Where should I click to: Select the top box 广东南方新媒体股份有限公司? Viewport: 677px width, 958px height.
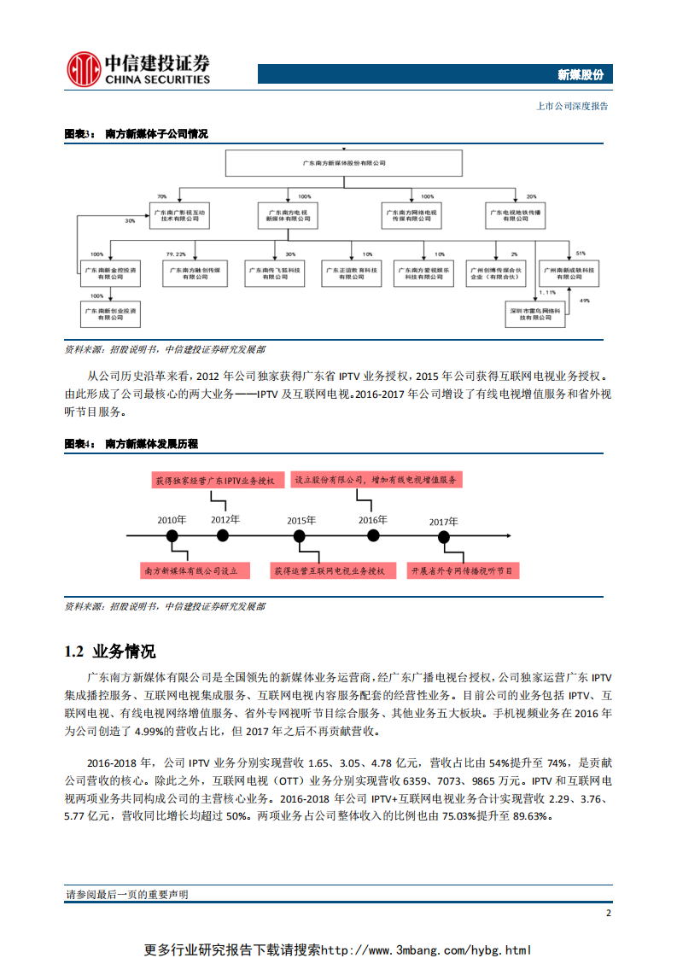[x=344, y=162]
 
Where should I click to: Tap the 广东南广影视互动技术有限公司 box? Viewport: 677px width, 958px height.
[x=178, y=214]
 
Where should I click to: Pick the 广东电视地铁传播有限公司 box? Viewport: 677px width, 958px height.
[x=515, y=214]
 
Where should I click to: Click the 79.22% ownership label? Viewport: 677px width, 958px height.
[x=176, y=254]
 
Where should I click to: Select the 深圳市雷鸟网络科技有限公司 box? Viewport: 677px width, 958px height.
[x=535, y=313]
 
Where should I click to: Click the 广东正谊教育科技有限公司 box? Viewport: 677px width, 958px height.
[x=351, y=273]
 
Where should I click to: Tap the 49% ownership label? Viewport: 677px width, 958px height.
[x=584, y=301]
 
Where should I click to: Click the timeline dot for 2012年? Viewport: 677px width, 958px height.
[x=223, y=535]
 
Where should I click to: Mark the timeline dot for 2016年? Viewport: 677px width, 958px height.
[x=373, y=535]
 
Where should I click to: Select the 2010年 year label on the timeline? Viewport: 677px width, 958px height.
[x=172, y=519]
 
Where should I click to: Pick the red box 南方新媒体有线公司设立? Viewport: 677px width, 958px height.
[x=196, y=570]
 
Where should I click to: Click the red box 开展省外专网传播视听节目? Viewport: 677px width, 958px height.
[x=462, y=570]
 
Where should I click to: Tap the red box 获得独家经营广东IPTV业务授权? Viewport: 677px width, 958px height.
[x=214, y=481]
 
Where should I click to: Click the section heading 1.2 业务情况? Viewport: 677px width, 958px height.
[x=110, y=651]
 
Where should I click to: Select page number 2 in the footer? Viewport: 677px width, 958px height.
[x=608, y=913]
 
